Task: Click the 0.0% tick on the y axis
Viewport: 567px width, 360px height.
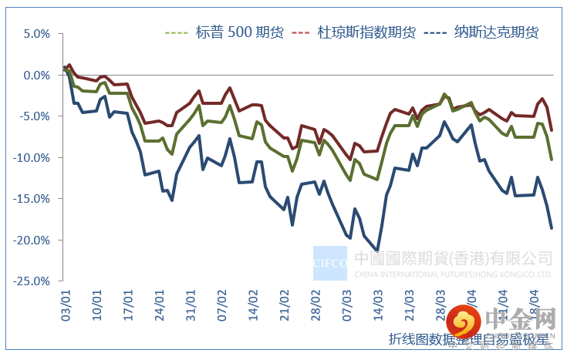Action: tap(37, 76)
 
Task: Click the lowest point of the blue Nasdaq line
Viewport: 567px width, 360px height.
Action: tap(377, 250)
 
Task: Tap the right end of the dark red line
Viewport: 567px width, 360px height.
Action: tap(551, 130)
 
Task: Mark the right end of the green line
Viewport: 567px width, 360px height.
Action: tap(551, 159)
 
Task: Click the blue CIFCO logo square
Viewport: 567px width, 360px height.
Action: tap(330, 263)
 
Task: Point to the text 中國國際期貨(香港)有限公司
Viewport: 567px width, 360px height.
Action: tap(453, 257)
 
